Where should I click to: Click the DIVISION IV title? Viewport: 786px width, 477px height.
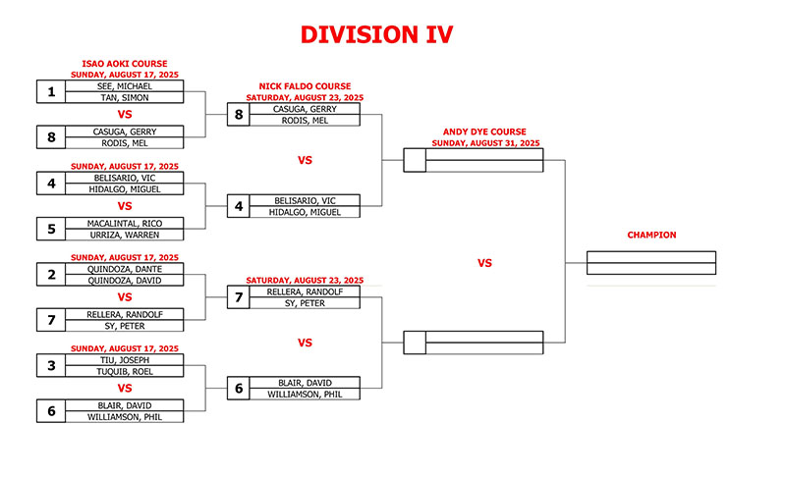click(376, 34)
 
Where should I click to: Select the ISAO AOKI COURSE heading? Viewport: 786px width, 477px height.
click(125, 64)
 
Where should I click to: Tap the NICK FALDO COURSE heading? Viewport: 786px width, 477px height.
click(305, 86)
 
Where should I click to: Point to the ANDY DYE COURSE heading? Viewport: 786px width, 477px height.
click(484, 132)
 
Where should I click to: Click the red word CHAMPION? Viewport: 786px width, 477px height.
click(651, 235)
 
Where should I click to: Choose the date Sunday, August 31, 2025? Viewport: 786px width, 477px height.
click(485, 143)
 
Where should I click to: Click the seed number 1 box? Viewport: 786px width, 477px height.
click(51, 91)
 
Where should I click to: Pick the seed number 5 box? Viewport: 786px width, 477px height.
click(51, 229)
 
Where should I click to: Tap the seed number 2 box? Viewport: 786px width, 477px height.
click(51, 274)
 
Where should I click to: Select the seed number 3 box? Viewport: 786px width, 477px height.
click(51, 365)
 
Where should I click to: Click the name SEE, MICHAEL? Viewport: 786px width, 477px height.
click(125, 86)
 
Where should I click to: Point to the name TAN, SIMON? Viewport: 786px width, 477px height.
click(125, 97)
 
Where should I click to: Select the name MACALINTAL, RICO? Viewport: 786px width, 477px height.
click(125, 223)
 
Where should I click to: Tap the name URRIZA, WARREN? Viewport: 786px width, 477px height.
click(125, 235)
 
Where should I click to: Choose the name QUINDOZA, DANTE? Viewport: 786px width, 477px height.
click(125, 269)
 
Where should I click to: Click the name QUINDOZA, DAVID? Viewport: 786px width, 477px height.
click(125, 281)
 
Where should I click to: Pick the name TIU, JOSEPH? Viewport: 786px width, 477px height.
click(125, 360)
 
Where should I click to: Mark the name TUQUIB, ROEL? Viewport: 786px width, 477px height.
click(125, 371)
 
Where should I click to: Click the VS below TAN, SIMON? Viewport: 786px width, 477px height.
click(125, 114)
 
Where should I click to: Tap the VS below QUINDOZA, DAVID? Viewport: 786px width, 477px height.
click(125, 297)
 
